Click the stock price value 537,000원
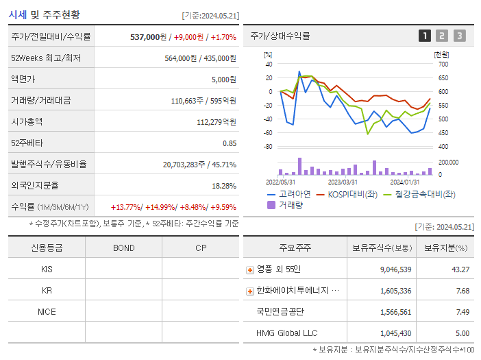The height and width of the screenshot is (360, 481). tap(148, 37)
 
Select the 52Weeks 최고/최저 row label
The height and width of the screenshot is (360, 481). tap(46, 58)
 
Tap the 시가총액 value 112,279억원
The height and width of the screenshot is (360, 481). tap(216, 122)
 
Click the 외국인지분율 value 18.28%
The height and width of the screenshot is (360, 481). tap(224, 186)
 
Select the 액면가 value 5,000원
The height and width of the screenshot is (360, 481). tap(223, 80)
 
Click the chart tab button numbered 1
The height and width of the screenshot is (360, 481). tap(425, 36)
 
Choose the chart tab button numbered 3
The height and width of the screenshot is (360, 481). tap(459, 36)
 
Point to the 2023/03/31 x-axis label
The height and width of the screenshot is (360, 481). tap(342, 182)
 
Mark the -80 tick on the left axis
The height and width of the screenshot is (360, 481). tap(268, 147)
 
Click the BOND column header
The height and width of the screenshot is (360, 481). tap(123, 248)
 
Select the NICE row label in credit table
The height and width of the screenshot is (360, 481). tap(47, 311)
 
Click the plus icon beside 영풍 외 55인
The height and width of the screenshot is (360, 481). tap(249, 269)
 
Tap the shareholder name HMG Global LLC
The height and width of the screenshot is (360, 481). tap(286, 333)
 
